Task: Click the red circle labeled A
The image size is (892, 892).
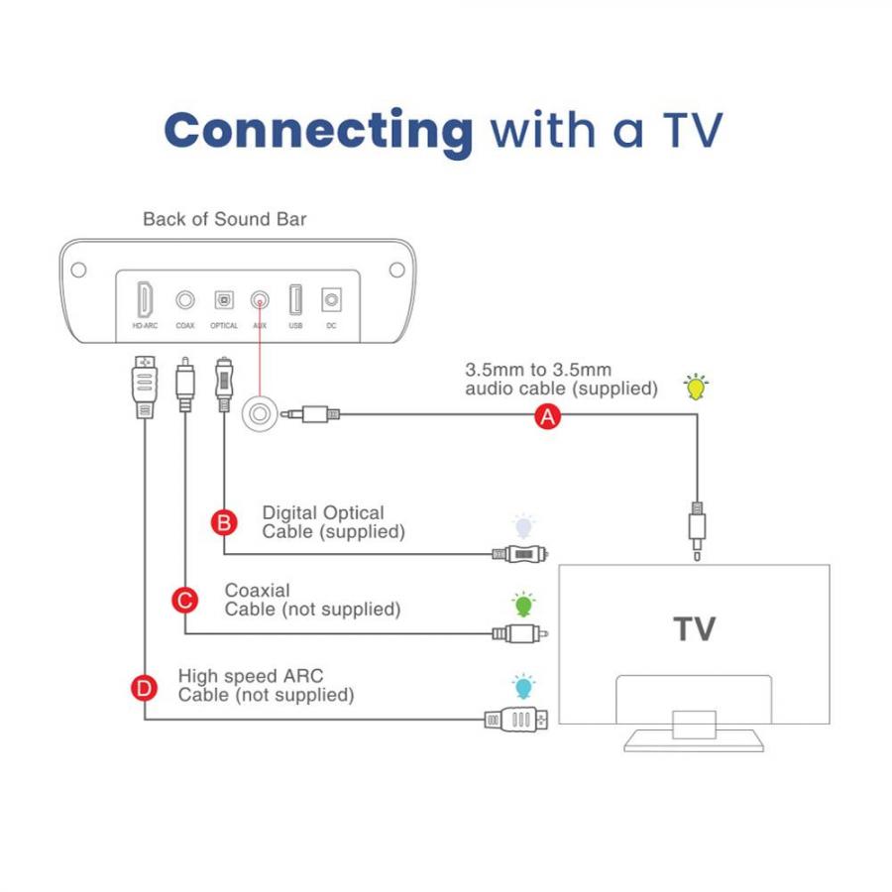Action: [x=547, y=416]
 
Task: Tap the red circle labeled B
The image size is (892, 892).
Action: [x=224, y=522]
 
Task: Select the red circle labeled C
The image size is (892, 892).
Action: [x=185, y=601]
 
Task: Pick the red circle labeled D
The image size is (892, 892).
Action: [x=144, y=689]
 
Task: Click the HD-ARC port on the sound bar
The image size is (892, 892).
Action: [x=145, y=299]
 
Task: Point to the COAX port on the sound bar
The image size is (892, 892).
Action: [x=185, y=299]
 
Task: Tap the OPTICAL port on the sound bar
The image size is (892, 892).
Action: [x=224, y=299]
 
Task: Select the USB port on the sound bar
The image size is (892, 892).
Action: [x=295, y=299]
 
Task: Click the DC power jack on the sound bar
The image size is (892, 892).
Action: [x=331, y=299]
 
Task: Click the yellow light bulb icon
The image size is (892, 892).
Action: [x=696, y=387]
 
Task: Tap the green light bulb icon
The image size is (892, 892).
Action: [x=523, y=605]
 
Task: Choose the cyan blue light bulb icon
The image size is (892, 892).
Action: [x=523, y=687]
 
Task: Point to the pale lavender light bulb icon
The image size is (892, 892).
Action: [x=523, y=526]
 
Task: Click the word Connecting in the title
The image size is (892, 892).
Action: [x=318, y=132]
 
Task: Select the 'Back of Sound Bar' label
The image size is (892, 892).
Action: [x=225, y=219]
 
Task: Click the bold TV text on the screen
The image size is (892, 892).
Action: [x=695, y=629]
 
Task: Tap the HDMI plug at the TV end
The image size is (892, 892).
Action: [x=516, y=720]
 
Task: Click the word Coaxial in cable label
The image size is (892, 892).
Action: [x=257, y=591]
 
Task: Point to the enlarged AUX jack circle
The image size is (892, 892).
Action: [x=260, y=414]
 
